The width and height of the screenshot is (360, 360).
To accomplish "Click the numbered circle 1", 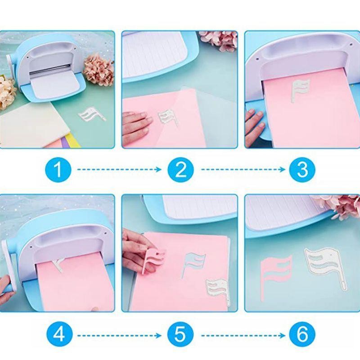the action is (58, 170).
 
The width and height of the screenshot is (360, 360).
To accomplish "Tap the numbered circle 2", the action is (181, 170).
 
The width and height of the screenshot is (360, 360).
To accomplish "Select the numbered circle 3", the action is (302, 170).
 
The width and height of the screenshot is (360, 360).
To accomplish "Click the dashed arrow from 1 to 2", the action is (119, 170).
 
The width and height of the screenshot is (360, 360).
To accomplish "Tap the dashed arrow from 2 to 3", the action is (243, 170).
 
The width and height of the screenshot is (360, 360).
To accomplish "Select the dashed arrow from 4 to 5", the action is (119, 336).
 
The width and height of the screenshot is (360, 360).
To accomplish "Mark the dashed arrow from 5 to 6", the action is (243, 336).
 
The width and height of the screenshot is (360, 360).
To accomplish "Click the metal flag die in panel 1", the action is (91, 114).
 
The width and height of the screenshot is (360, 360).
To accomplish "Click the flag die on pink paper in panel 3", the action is (300, 90).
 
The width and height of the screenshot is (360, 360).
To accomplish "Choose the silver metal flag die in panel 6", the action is (325, 264).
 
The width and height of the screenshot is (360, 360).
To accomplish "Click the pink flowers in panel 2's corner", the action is (219, 41).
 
